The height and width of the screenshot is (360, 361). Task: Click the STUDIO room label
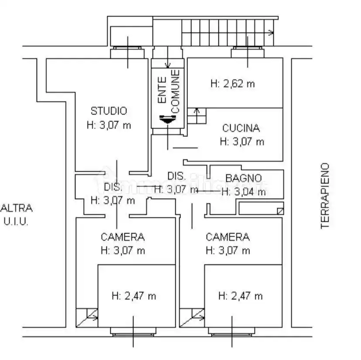pos(109,111)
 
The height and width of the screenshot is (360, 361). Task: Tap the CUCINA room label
pos(241,128)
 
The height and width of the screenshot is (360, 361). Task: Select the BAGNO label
pos(244,178)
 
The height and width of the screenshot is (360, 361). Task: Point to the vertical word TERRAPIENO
pos(325,196)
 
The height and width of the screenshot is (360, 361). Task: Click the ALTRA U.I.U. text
pos(16,215)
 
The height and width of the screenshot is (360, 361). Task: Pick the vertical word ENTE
pos(162,90)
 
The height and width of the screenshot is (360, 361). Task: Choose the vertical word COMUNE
pos(175,92)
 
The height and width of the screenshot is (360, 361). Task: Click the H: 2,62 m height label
pos(232,84)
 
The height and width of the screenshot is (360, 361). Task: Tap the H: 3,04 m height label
pos(244,192)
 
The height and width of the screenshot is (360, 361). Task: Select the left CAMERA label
pos(123,237)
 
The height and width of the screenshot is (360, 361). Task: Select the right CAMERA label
pos(228,237)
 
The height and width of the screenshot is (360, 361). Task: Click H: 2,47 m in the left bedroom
pos(134,296)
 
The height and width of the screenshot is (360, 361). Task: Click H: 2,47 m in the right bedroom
pos(240,296)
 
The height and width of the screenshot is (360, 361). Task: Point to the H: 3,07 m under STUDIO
pos(109,126)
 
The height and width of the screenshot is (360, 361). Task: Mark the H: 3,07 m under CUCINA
pos(242,142)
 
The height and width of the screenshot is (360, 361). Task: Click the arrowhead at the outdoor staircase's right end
pos(272,32)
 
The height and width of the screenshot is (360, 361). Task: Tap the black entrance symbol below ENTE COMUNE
pos(167,119)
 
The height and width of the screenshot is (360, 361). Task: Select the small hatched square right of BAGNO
pos(280,211)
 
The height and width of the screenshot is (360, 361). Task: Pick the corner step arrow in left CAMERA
pos(87,318)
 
